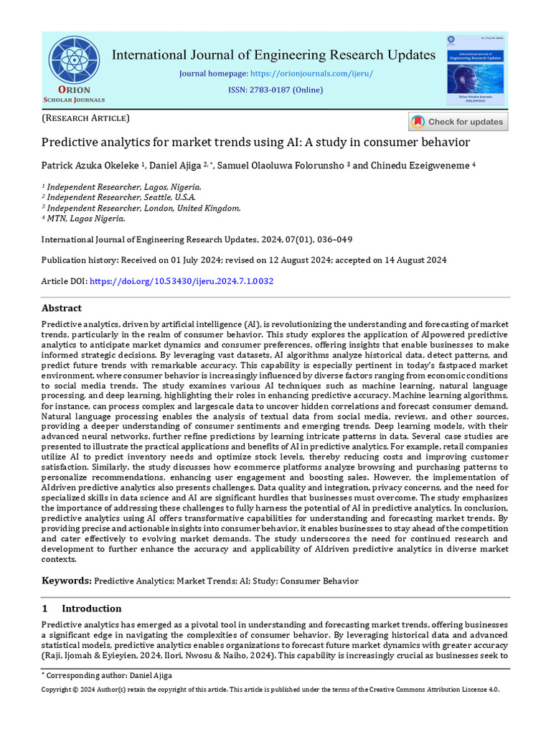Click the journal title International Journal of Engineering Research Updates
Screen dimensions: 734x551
click(x=273, y=54)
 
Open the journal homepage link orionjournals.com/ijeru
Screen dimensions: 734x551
click(x=311, y=73)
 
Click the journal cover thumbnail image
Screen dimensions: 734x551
click(x=475, y=72)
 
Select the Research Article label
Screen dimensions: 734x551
click(x=85, y=118)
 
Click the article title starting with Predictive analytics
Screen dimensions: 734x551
click(x=255, y=142)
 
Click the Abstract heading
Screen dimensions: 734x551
click(x=61, y=308)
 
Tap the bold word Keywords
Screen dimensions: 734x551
click(x=67, y=581)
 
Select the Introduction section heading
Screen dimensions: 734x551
click(x=91, y=609)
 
